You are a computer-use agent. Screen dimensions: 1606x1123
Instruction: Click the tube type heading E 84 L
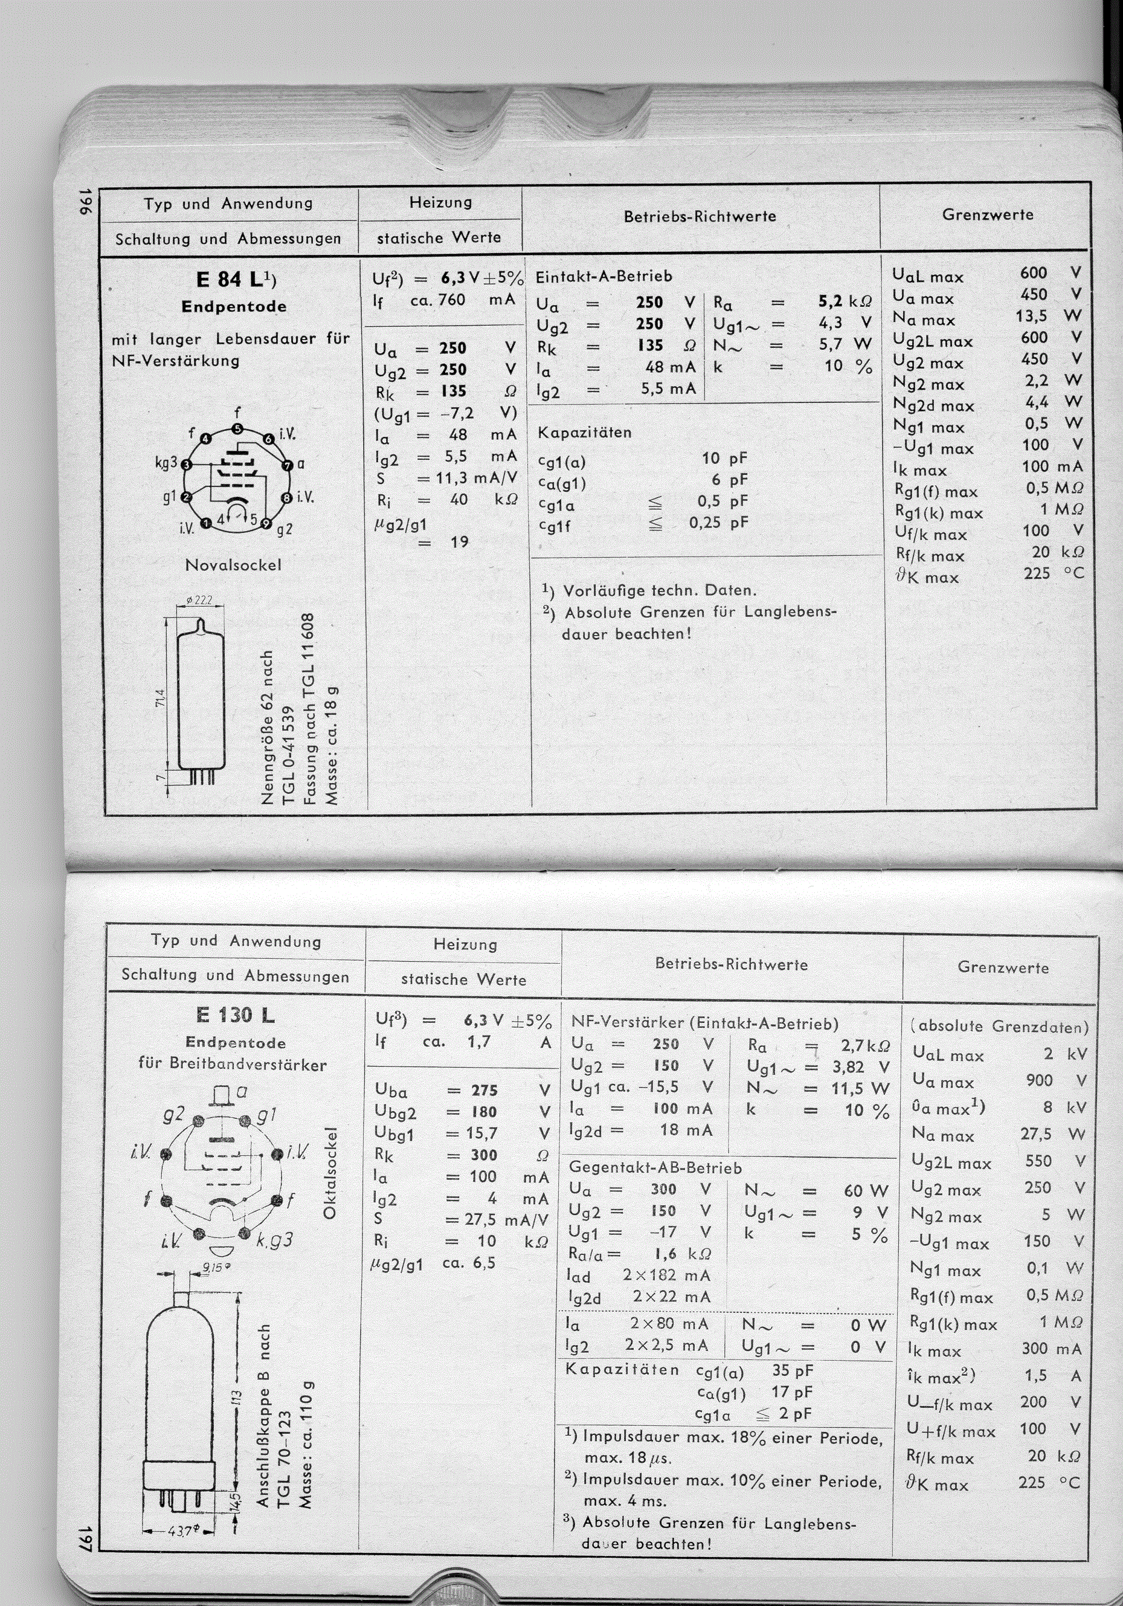236,279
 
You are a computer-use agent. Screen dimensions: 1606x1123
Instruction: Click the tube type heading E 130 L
236,1015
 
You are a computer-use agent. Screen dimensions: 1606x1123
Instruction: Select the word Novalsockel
234,564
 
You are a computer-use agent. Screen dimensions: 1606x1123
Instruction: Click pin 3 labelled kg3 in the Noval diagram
186,464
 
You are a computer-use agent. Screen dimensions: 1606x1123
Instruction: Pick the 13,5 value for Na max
1032,316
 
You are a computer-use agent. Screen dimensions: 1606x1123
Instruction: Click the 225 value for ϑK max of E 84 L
1036,573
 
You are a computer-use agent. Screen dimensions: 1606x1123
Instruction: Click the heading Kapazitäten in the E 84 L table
584,432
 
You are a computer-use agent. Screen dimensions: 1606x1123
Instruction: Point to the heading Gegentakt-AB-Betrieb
655,1168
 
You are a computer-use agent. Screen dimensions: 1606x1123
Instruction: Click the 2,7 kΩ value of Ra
866,1046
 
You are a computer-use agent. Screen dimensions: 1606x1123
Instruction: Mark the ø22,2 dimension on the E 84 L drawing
200,600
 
